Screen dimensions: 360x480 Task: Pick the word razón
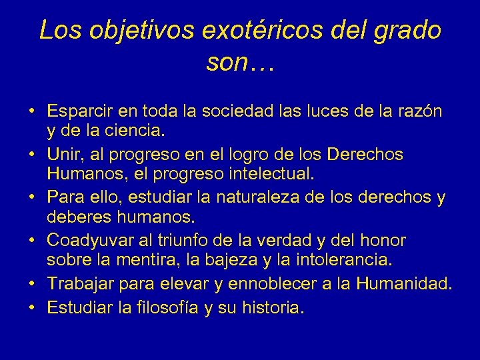click(419, 111)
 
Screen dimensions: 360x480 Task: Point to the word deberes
click(78, 218)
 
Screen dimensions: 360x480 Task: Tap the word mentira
click(160, 261)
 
